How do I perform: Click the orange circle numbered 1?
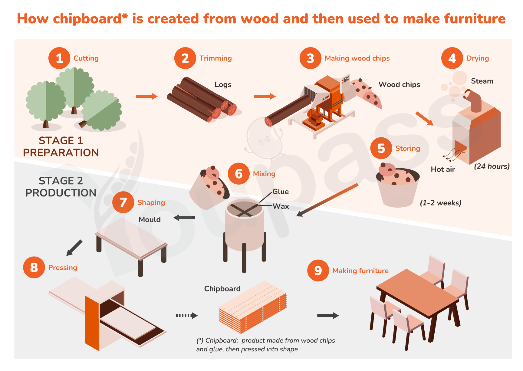point(59,58)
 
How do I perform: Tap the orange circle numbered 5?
point(381,148)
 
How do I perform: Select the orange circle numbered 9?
point(318,271)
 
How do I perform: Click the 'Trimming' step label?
point(215,58)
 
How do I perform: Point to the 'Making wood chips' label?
point(357,58)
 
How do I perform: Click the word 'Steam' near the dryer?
point(482,81)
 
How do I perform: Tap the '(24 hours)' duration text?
point(492,166)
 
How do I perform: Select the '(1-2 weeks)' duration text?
point(441,203)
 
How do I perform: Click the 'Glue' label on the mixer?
point(281,192)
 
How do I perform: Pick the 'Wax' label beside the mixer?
point(281,206)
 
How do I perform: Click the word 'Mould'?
point(150,220)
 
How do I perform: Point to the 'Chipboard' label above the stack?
point(222,289)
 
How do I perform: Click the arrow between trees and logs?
point(147,96)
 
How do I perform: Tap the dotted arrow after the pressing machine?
point(187,315)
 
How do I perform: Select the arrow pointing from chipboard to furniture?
point(328,315)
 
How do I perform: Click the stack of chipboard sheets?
point(252,307)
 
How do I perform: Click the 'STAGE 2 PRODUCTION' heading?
point(61,187)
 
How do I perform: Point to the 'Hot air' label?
point(443,169)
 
